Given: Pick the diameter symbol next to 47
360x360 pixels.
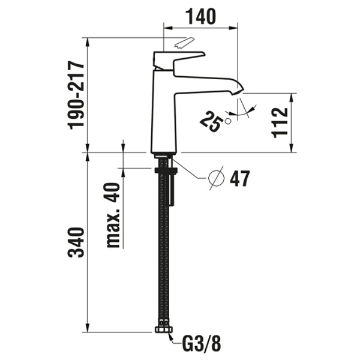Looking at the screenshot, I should (x=215, y=178).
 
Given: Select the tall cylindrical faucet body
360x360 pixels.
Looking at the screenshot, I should (x=163, y=114).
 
